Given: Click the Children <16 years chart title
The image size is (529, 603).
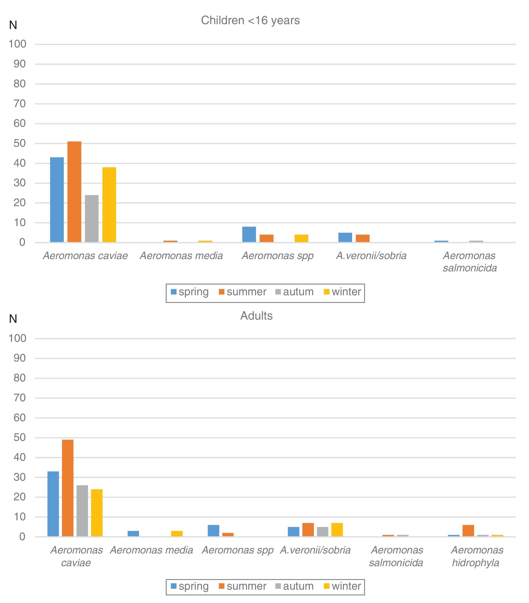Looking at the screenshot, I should click(250, 20).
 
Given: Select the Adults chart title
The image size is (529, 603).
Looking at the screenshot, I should click(256, 316).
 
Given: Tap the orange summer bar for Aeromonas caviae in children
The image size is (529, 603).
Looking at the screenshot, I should click(74, 192).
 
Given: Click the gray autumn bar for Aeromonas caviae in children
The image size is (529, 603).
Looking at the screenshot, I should click(92, 219).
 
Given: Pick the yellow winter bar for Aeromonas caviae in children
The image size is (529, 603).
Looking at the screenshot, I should click(109, 205).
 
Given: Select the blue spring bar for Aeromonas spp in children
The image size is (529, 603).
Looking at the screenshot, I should click(249, 235).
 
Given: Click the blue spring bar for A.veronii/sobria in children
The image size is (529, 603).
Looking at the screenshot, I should click(345, 237).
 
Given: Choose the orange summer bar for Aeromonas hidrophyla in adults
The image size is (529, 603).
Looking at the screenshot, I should click(468, 531).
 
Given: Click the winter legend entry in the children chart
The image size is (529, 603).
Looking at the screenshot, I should click(342, 292).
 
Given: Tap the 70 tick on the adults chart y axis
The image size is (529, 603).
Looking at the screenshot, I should click(20, 398).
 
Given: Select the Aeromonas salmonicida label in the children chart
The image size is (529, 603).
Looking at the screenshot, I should click(470, 262).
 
